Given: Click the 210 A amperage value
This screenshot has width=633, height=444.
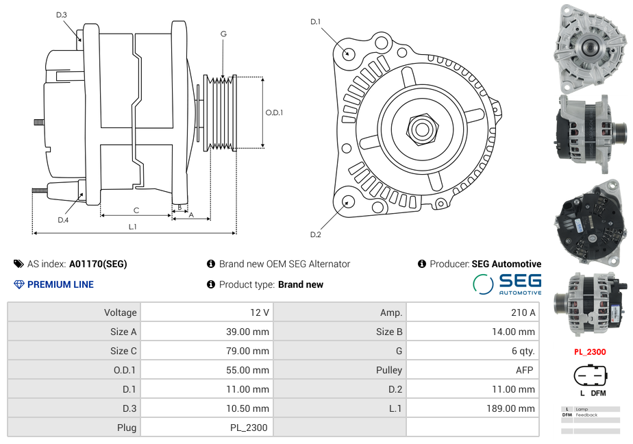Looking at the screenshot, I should (x=523, y=312).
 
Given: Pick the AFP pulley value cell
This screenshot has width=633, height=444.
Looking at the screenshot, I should (x=525, y=370).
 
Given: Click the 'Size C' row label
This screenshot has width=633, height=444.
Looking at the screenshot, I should (x=123, y=351).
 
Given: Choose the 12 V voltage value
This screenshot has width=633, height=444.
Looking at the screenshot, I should (x=260, y=312).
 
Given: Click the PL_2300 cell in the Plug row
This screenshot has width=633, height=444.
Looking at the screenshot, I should (x=249, y=428).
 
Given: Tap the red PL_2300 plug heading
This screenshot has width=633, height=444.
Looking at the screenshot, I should (x=590, y=352).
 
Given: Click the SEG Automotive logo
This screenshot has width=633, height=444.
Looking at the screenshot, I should (x=508, y=284).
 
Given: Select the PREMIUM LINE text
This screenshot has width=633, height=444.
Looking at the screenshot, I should (x=60, y=284).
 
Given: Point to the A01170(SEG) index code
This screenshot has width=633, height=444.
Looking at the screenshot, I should (x=98, y=264).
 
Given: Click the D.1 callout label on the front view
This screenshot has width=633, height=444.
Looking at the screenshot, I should (x=316, y=22).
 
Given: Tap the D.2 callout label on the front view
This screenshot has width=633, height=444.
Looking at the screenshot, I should (x=316, y=234).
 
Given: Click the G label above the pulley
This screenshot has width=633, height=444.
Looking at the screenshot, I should (x=223, y=34).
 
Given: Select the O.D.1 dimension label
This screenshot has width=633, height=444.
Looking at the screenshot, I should (x=274, y=112).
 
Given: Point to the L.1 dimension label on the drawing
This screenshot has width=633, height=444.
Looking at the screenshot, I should (x=133, y=226).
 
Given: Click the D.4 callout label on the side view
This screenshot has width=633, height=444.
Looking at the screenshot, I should (x=63, y=220).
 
